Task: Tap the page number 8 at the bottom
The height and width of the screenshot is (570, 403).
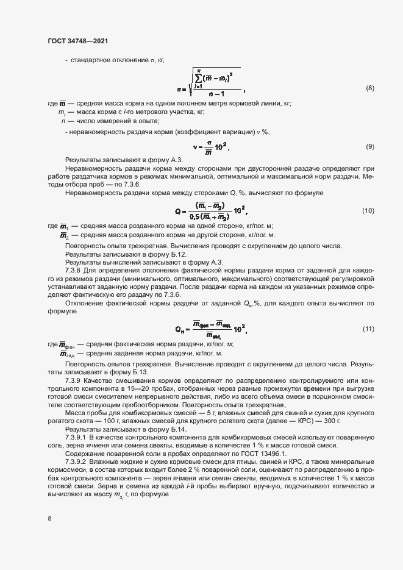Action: click(x=50, y=518)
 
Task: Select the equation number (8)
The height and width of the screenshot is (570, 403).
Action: click(x=369, y=89)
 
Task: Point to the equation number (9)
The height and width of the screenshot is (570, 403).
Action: click(x=369, y=147)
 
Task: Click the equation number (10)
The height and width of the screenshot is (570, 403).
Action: click(x=368, y=210)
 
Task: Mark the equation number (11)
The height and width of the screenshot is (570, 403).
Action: click(x=368, y=329)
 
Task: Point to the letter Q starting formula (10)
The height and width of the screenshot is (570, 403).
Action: click(x=178, y=211)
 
